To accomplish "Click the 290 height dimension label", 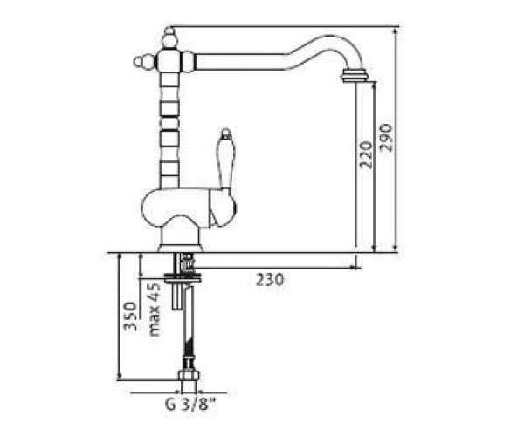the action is click(387, 138).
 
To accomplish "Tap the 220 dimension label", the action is click(365, 155).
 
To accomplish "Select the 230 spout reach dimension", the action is click(270, 280).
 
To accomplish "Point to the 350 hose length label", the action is click(130, 317).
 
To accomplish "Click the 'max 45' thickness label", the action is click(155, 310).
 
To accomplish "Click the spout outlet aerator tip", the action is click(355, 75).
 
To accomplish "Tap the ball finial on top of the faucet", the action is click(170, 37).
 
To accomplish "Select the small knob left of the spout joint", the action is click(140, 61).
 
